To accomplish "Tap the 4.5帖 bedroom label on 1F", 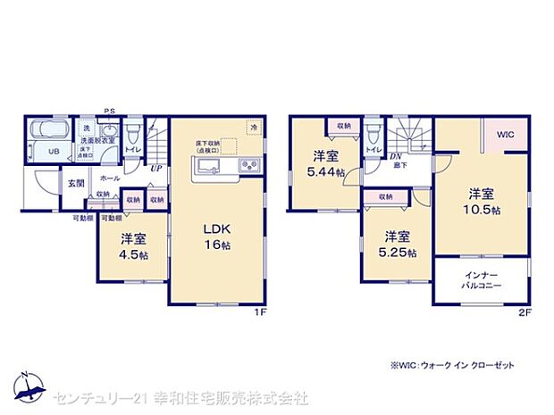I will [x=134, y=246].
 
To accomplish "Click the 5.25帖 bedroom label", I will [x=398, y=245].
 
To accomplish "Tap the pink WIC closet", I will [x=506, y=136].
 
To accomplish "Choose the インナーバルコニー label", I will [x=483, y=280].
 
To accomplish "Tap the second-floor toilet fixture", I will [x=372, y=137].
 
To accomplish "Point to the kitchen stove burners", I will [x=247, y=165].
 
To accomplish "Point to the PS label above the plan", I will [x=108, y=112].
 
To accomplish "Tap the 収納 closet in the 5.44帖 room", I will [x=342, y=127].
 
